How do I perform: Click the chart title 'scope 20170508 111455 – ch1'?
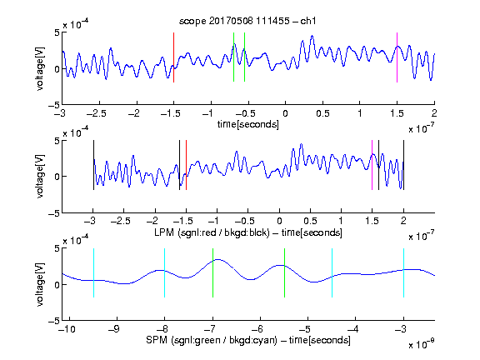pos(247,21)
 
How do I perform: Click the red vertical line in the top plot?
pos(173,57)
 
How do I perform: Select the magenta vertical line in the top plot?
pos(397,57)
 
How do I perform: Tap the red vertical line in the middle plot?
pos(186,165)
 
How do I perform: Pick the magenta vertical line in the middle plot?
pos(372,165)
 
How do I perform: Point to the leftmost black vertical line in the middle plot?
pos(93,165)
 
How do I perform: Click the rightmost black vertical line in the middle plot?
pos(403,165)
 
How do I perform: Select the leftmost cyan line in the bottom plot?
pos(93,272)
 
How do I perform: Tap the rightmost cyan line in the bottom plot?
pos(403,272)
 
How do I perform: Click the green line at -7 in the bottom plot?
pos(212,272)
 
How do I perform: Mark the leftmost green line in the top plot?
pos(233,57)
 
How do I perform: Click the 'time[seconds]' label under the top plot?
pos(248,124)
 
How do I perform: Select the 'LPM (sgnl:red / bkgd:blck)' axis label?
pos(212,232)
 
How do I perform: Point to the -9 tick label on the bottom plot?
pos(114,329)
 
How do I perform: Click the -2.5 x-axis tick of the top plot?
pos(97,113)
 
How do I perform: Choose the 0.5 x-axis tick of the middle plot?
pos(310,221)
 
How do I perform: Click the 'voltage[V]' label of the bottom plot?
pos(40,284)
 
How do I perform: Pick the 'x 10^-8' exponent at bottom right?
pos(421,344)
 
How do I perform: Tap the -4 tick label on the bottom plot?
pos(352,329)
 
